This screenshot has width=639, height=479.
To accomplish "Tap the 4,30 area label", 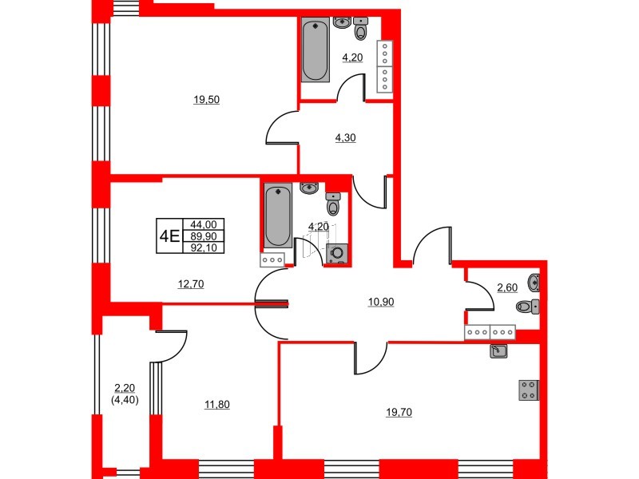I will (345, 137).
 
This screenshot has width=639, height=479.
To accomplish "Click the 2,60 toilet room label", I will (507, 287).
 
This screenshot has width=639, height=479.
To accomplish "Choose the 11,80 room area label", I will (217, 405).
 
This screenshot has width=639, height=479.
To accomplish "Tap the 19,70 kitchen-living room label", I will (400, 412).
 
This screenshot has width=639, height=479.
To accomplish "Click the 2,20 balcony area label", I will (126, 388).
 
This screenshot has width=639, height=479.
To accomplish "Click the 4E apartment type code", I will (169, 236).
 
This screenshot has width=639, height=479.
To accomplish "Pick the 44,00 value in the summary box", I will (204, 225).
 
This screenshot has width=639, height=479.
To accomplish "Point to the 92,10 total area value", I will (204, 247).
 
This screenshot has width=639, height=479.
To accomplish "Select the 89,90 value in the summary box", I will (204, 236).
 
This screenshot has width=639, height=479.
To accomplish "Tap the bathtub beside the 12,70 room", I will (276, 216).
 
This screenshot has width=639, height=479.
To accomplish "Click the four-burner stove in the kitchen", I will (529, 390).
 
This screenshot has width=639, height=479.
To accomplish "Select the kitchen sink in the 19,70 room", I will (498, 350).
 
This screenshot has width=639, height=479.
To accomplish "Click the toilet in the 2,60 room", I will (528, 306).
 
